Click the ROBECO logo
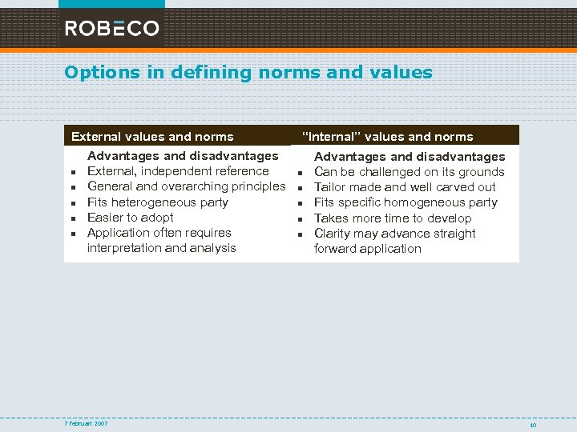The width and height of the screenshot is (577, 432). [x=111, y=29]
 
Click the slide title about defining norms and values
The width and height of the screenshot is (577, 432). [x=248, y=73]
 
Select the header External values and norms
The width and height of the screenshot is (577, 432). [x=152, y=137]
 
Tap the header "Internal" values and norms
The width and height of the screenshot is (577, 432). [x=387, y=137]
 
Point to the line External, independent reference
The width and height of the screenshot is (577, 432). [x=178, y=171]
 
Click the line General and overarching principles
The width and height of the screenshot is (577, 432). [x=186, y=186]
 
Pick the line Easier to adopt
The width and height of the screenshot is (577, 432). [x=131, y=218]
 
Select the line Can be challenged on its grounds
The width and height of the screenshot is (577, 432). [x=409, y=172]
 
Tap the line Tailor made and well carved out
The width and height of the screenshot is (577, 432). [x=405, y=187]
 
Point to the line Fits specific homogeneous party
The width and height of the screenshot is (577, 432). [x=406, y=202]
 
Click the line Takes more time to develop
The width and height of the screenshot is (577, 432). [x=393, y=218]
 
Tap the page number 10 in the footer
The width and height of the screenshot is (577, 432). [x=532, y=425]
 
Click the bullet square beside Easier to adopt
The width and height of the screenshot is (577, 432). [x=72, y=218]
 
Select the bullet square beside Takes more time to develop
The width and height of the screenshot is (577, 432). [x=299, y=219]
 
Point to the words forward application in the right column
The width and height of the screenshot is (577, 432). [x=367, y=249]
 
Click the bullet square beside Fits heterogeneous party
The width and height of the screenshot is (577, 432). [x=72, y=203]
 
